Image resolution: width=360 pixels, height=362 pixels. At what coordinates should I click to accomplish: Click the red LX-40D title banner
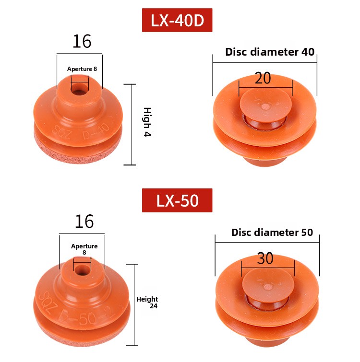177,20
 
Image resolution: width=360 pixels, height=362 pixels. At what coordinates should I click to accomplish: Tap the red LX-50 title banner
177,200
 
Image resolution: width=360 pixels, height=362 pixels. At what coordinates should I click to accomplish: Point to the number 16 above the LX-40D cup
82,41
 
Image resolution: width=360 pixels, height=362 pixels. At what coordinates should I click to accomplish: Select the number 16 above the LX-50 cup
84,222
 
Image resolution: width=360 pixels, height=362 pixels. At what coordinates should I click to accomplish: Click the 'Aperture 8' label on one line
82,69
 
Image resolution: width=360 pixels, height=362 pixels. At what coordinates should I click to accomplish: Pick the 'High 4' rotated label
147,122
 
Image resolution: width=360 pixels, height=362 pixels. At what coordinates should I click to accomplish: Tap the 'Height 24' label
147,303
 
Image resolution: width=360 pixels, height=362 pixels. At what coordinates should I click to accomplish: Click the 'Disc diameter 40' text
270,52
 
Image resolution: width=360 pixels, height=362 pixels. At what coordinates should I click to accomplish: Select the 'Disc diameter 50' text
272,233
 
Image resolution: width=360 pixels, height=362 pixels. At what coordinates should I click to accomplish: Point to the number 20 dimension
263,78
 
